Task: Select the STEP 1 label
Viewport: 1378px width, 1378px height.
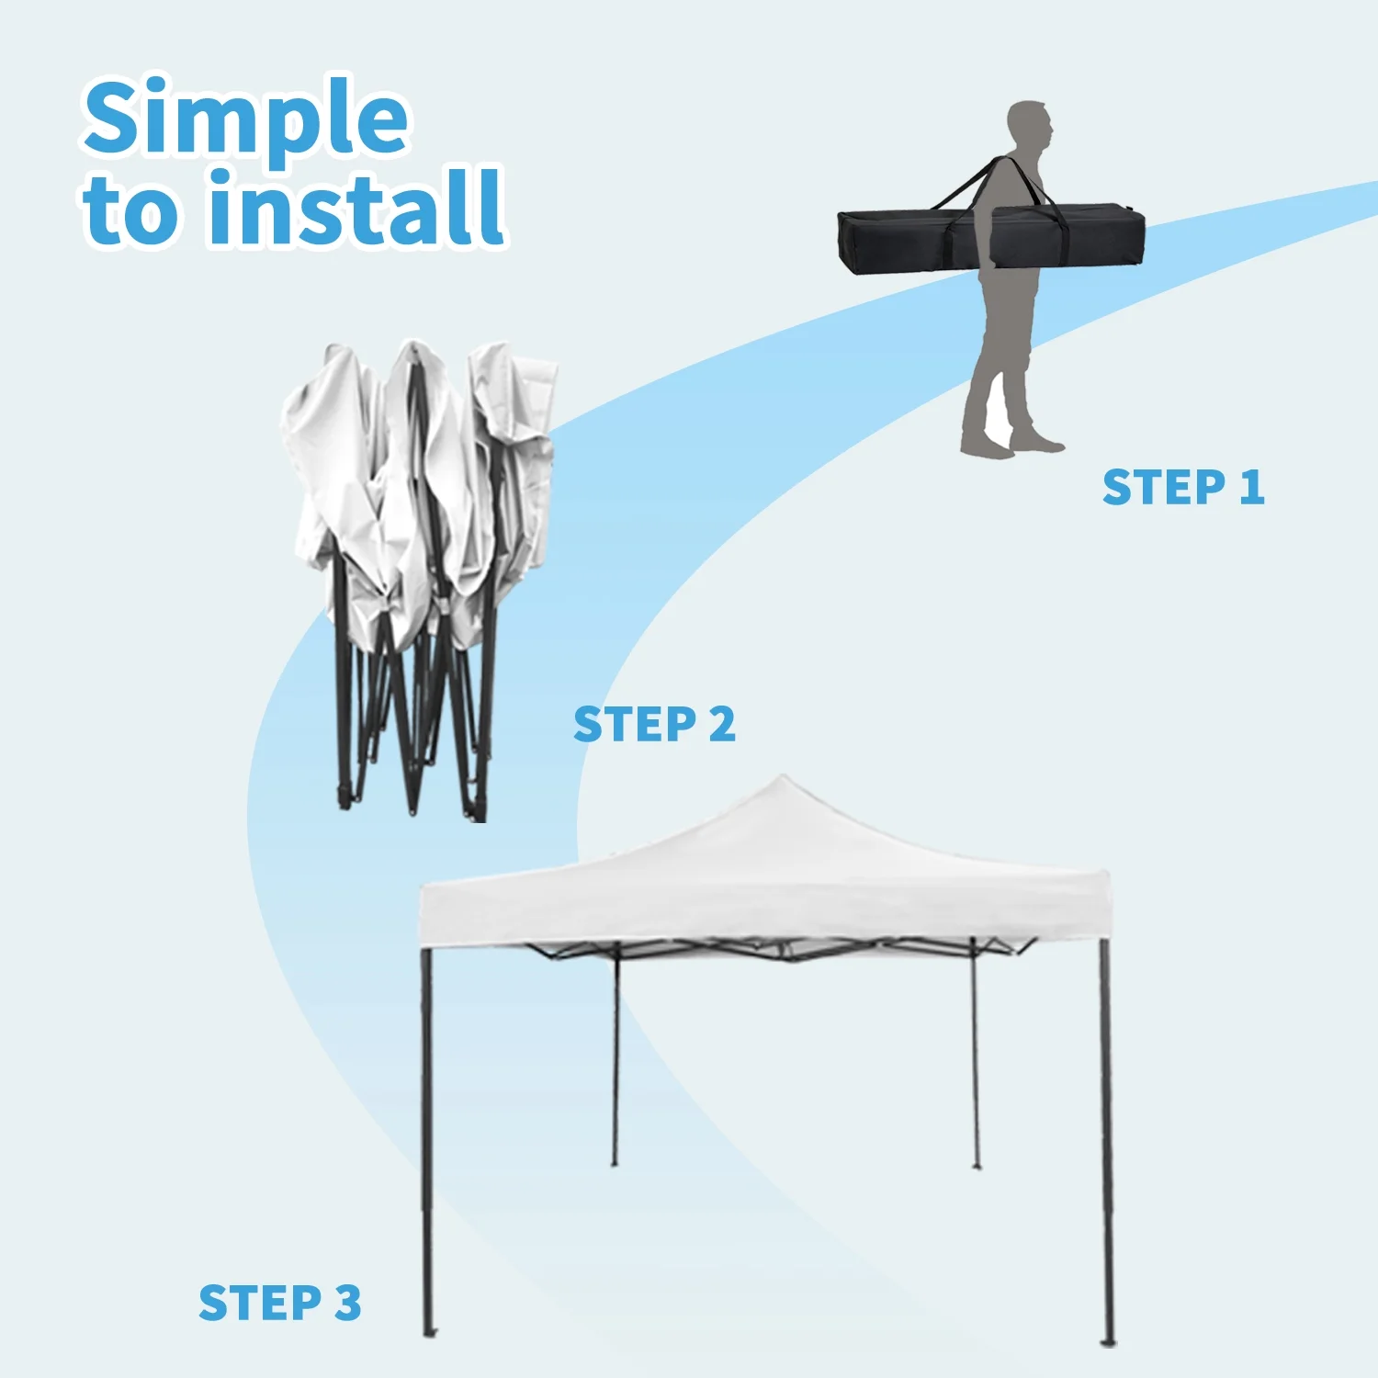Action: click(x=1183, y=487)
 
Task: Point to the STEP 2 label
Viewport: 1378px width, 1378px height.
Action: click(x=654, y=725)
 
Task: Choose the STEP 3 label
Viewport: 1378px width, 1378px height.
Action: click(x=280, y=1303)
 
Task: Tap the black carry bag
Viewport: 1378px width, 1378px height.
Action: click(x=991, y=239)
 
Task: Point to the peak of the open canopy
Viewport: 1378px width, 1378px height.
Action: click(x=783, y=777)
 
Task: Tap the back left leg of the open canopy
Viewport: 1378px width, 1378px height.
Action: click(x=616, y=1056)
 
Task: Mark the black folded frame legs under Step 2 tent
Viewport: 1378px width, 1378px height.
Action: click(x=413, y=707)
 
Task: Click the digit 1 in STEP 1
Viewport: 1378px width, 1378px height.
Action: click(x=1252, y=487)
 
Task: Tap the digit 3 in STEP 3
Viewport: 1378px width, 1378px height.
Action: click(x=348, y=1303)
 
